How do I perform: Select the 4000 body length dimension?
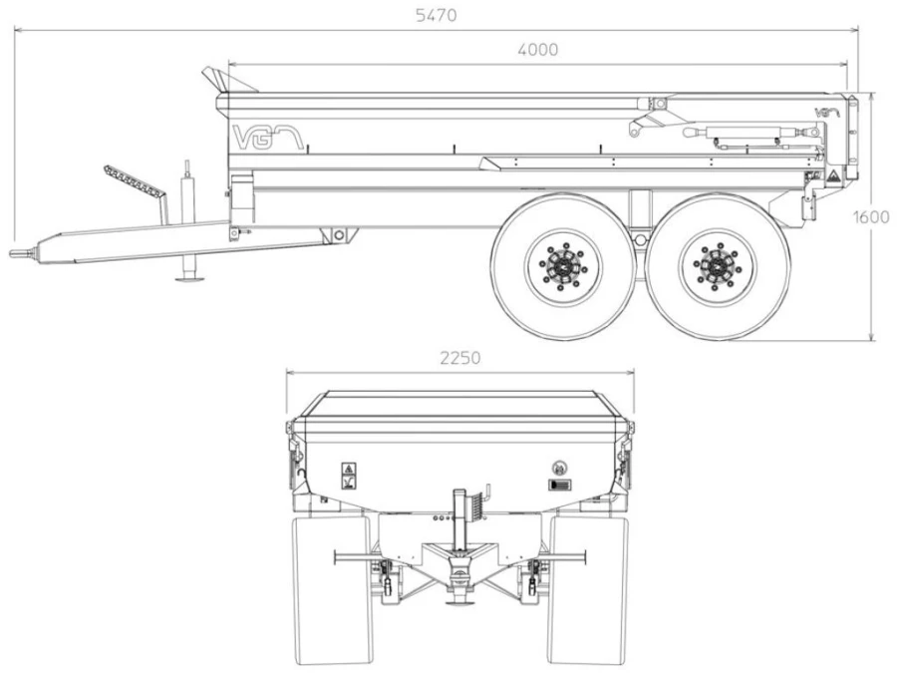tap(537, 49)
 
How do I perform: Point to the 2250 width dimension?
tap(459, 358)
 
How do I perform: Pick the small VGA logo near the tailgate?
tap(827, 113)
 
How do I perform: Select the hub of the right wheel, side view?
tap(718, 266)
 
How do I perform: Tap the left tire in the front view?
tap(331, 588)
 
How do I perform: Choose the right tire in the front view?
tap(589, 588)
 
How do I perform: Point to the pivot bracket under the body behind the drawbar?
tap(339, 234)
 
